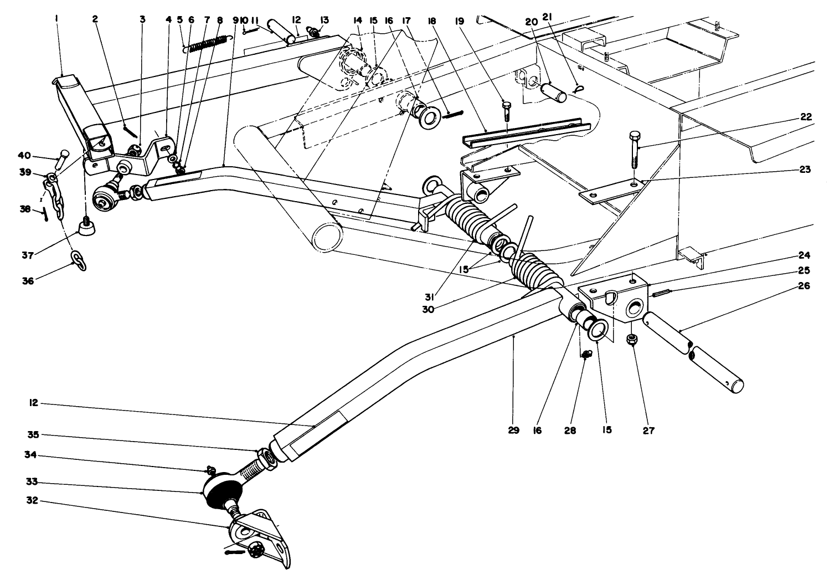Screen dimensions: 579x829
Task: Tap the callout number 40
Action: click(39, 156)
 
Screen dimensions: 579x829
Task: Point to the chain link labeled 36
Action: click(79, 260)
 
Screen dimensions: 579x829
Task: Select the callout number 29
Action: click(513, 429)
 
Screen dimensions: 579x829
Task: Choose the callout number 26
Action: click(805, 286)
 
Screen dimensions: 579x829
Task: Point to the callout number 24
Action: click(805, 255)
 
